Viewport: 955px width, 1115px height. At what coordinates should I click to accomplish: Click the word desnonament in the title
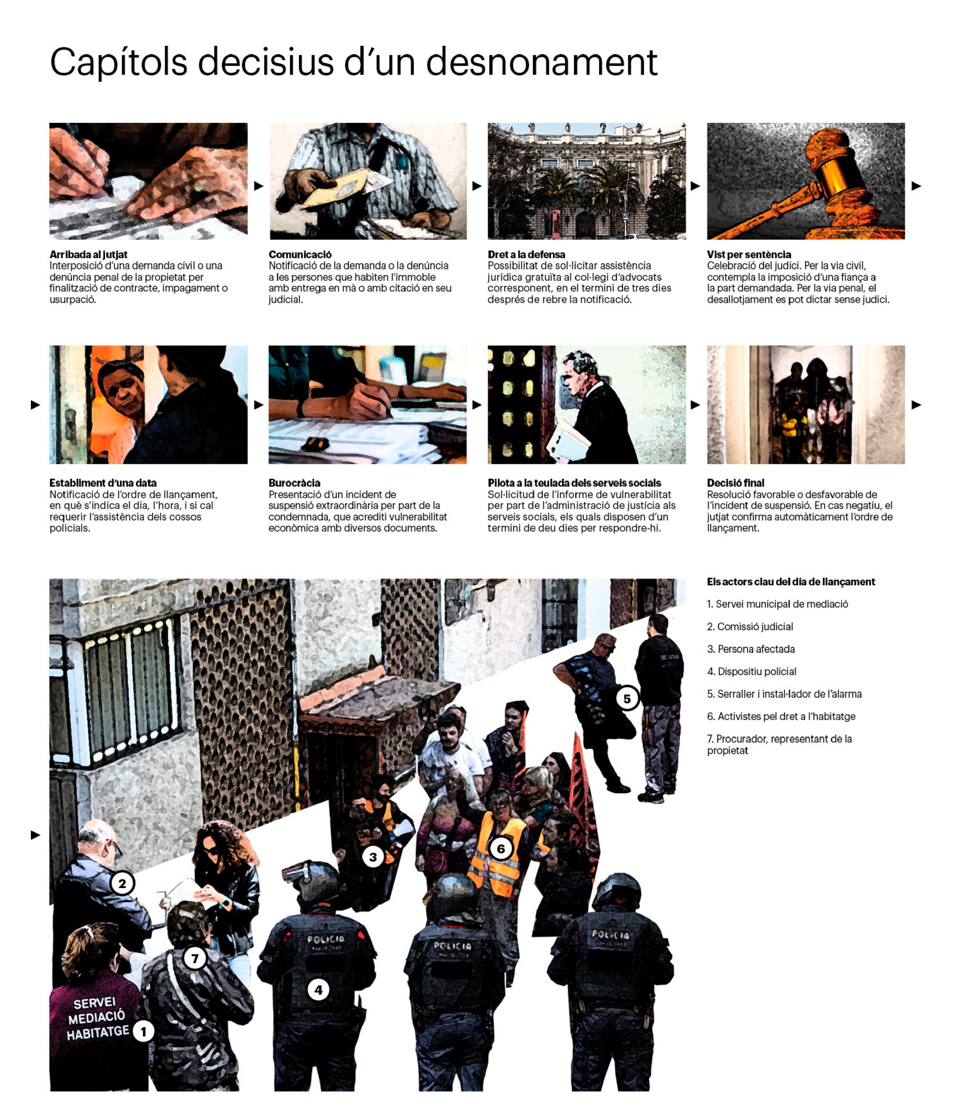click(542, 62)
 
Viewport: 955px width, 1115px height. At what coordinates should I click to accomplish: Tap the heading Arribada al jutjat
click(88, 254)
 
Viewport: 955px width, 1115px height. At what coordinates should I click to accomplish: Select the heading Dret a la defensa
click(526, 254)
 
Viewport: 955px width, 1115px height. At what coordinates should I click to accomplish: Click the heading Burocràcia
click(295, 483)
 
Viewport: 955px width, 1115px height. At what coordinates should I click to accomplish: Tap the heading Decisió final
click(735, 483)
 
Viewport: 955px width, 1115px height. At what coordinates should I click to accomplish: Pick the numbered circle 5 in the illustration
click(627, 699)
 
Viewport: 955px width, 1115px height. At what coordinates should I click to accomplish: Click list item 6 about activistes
click(781, 716)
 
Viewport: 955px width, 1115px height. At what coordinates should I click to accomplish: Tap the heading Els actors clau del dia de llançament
click(791, 582)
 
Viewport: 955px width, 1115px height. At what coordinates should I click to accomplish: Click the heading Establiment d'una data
click(103, 483)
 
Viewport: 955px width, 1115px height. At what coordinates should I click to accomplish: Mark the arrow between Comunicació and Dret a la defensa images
click(477, 186)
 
